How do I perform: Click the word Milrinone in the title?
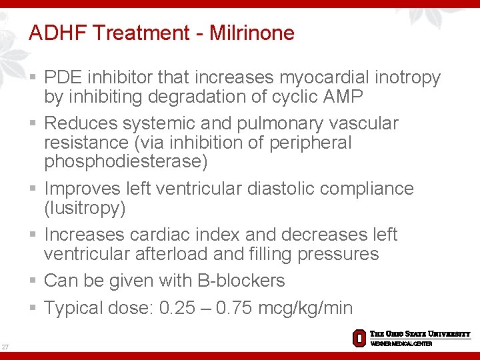[251, 33]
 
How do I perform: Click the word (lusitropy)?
[85, 208]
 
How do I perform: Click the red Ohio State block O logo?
[359, 338]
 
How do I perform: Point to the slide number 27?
[5, 347]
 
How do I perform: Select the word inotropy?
[409, 78]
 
